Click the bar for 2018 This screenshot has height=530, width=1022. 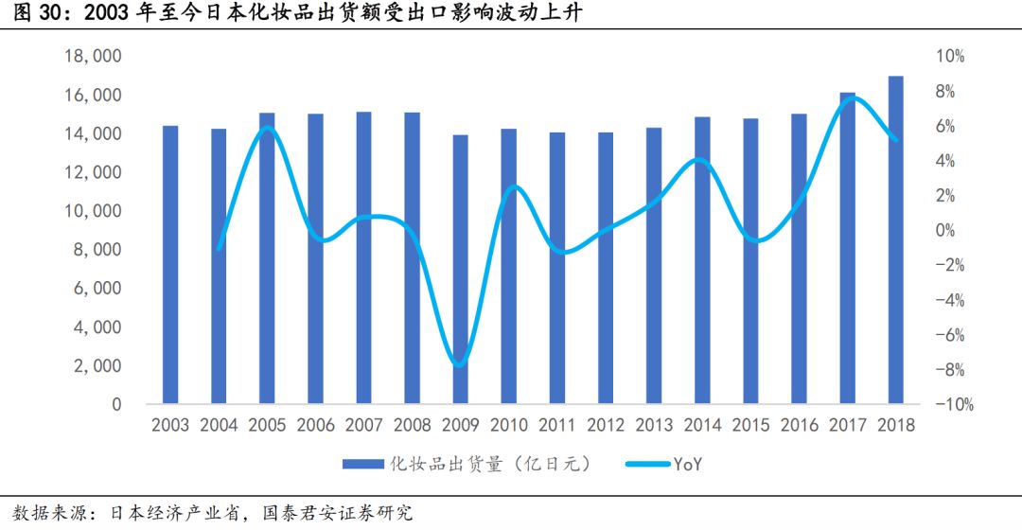click(895, 240)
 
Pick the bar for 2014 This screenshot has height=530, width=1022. click(702, 261)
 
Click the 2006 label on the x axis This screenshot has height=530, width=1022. click(315, 425)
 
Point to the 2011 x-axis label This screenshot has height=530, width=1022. click(556, 425)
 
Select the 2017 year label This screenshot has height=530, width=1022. click(847, 425)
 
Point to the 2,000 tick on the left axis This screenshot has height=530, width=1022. click(98, 366)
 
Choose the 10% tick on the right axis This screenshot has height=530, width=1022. click(950, 57)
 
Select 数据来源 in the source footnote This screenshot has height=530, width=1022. click(34, 514)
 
